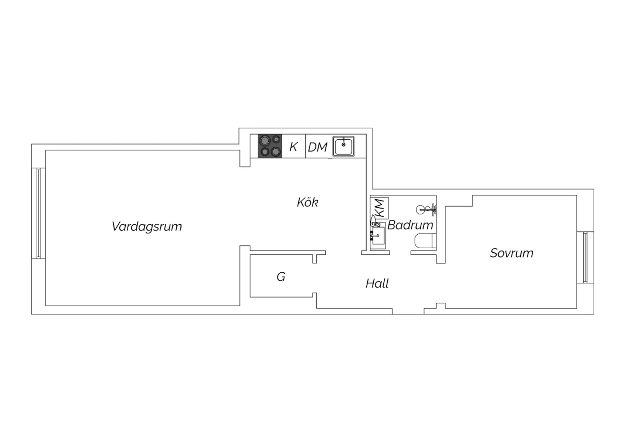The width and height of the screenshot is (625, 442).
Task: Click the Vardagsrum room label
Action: point(147,226)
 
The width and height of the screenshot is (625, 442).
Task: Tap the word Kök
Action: point(307,202)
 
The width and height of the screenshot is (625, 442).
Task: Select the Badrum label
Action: point(410,225)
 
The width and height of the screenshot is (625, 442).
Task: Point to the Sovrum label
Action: point(511,253)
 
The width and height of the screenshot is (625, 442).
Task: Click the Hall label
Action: point(377,284)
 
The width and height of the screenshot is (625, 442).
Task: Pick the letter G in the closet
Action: point(281,277)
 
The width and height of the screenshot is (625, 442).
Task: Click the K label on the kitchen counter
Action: point(293,147)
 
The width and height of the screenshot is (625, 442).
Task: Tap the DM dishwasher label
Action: point(317,147)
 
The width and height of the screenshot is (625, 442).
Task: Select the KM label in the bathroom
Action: point(380,208)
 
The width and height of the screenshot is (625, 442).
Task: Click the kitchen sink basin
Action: point(343,146)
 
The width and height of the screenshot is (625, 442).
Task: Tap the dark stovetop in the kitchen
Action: point(270,146)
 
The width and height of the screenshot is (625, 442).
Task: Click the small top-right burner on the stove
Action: point(276,139)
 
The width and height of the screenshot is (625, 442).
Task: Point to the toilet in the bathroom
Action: point(425,241)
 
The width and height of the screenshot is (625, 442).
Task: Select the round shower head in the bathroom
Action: point(420,209)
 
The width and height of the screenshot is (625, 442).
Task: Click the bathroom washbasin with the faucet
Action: point(378,235)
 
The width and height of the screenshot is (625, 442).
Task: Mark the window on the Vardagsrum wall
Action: point(38,213)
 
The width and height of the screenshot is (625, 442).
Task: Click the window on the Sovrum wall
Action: point(585,257)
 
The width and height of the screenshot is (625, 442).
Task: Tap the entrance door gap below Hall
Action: point(408,311)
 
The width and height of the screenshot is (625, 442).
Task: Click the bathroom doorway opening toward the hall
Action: point(400,253)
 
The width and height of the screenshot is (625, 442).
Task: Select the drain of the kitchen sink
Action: point(343,145)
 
